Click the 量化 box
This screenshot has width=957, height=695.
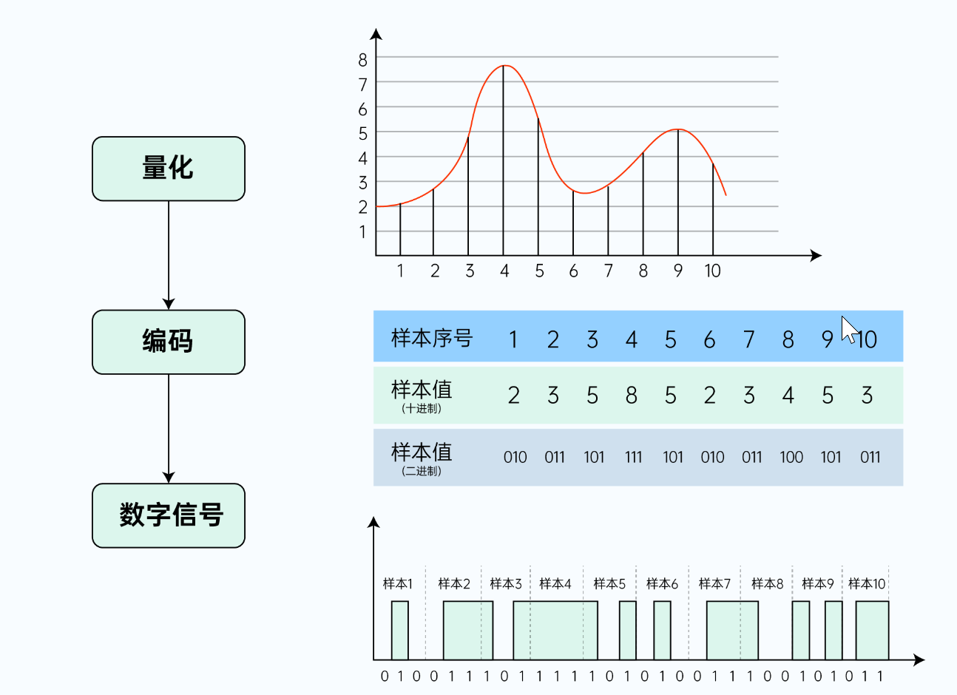pyautogui.click(x=169, y=169)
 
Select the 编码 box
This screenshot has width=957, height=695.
pyautogui.click(x=169, y=342)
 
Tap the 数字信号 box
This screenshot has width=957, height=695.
pyautogui.click(x=169, y=515)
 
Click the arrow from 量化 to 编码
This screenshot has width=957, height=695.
pyautogui.click(x=169, y=255)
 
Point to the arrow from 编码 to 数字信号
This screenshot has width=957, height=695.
pyautogui.click(x=169, y=429)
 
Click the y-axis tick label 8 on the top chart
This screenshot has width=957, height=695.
pyautogui.click(x=362, y=60)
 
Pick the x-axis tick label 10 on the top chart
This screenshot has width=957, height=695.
pyautogui.click(x=712, y=271)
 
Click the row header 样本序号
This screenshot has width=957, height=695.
pyautogui.click(x=432, y=339)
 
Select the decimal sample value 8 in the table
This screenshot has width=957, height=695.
pyautogui.click(x=632, y=395)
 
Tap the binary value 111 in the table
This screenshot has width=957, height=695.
pyautogui.click(x=633, y=458)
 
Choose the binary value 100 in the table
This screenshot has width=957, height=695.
pyautogui.click(x=791, y=458)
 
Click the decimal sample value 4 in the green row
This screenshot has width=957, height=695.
pyautogui.click(x=788, y=395)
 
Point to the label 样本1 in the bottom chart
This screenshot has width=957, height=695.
pyautogui.click(x=397, y=583)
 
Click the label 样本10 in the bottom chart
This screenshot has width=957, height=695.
pyautogui.click(x=867, y=583)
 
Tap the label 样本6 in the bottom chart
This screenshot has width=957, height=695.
pyautogui.click(x=662, y=583)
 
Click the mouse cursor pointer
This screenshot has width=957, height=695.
pyautogui.click(x=849, y=330)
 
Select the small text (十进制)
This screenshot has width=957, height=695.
pyautogui.click(x=422, y=409)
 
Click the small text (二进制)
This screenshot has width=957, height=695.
pyautogui.click(x=422, y=471)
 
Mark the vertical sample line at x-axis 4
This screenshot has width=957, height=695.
pyautogui.click(x=504, y=160)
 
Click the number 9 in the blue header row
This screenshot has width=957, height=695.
pyautogui.click(x=828, y=339)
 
